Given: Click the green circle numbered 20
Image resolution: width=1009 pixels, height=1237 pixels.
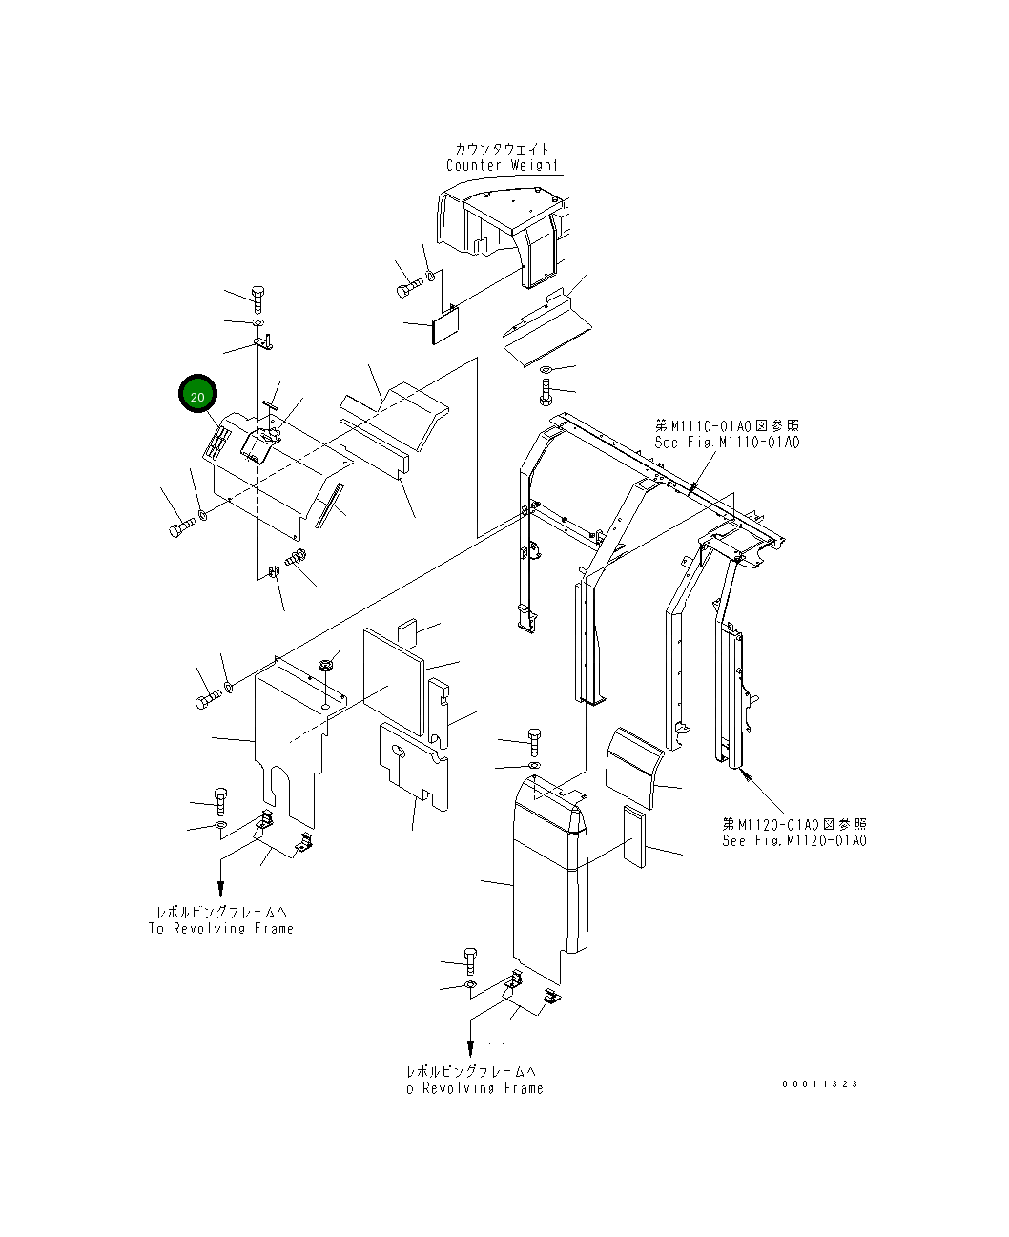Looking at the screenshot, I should pyautogui.click(x=197, y=395).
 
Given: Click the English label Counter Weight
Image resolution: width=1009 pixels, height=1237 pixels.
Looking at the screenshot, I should pyautogui.click(x=502, y=165).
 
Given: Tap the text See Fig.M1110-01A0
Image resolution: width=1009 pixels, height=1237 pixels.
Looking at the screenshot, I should pyautogui.click(x=727, y=442).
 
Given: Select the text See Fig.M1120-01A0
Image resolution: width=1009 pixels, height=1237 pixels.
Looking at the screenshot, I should pyautogui.click(x=794, y=840).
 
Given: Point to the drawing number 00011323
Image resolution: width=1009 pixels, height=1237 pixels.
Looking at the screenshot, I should pyautogui.click(x=820, y=1083).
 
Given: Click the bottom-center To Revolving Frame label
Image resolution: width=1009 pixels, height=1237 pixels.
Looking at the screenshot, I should pyautogui.click(x=471, y=1087).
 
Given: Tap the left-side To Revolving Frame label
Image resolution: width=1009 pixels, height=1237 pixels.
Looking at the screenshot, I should pyautogui.click(x=221, y=928).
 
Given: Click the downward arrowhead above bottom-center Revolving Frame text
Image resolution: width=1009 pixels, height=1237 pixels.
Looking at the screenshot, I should pyautogui.click(x=469, y=1045).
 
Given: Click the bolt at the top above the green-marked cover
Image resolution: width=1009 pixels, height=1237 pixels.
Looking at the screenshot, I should pyautogui.click(x=258, y=297).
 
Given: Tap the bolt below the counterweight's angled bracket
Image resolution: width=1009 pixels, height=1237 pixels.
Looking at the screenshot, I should pyautogui.click(x=545, y=390).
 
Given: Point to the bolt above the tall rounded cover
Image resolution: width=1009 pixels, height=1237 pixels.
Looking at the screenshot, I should pyautogui.click(x=533, y=740).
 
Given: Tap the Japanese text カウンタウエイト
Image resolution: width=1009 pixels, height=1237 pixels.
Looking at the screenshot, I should pyautogui.click(x=502, y=149).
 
